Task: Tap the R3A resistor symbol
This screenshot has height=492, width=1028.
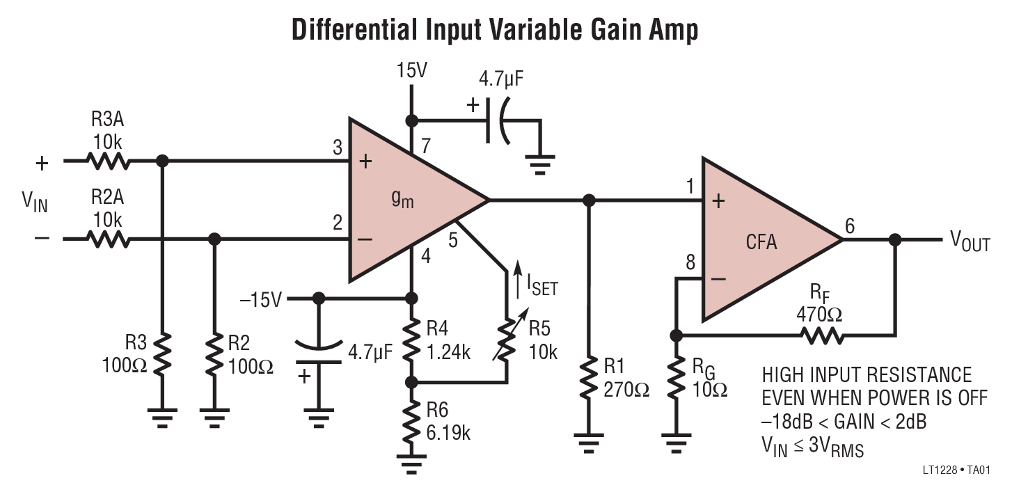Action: [x=109, y=161]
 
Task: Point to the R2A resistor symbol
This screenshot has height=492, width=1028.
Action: [x=109, y=239]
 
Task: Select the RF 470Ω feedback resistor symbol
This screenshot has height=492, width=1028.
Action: [x=822, y=335]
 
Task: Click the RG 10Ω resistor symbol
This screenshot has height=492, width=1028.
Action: [x=675, y=379]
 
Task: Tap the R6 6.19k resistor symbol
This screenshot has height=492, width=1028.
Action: [x=411, y=420]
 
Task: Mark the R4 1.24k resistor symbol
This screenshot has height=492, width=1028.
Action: [x=411, y=340]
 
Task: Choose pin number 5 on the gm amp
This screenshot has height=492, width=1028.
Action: [x=453, y=241]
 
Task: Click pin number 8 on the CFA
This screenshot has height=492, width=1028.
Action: [x=690, y=264]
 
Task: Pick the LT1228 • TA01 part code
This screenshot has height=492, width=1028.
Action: [x=955, y=470]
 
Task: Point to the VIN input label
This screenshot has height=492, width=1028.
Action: [x=33, y=202]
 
